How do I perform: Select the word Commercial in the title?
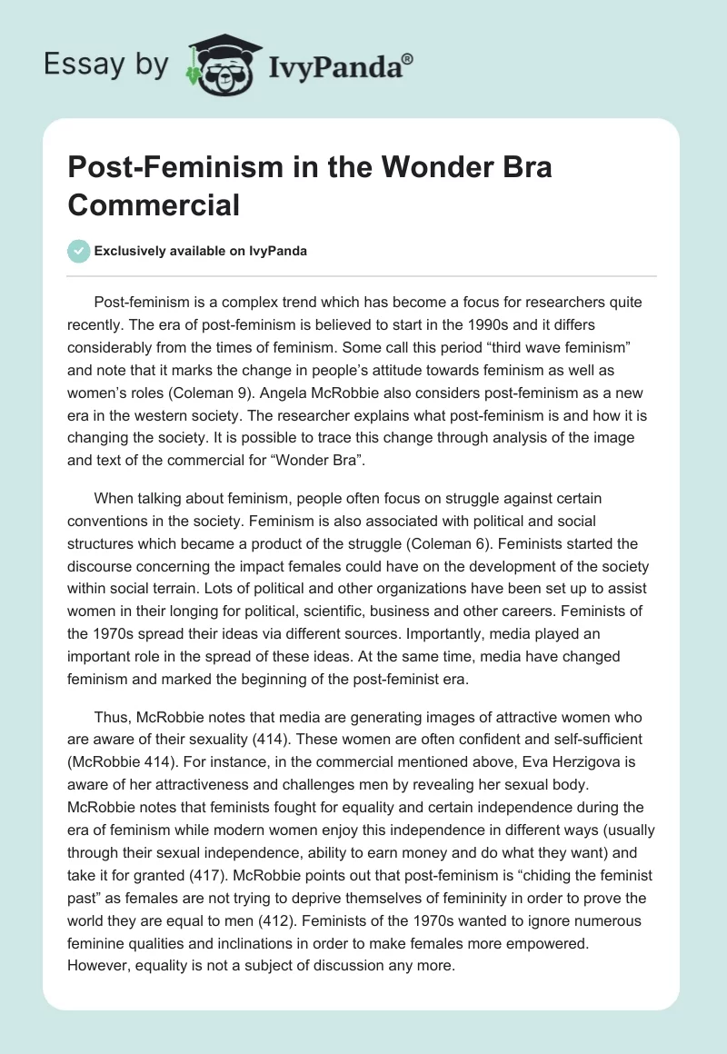click(153, 205)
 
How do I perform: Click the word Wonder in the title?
click(422, 169)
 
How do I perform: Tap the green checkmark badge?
click(78, 251)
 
